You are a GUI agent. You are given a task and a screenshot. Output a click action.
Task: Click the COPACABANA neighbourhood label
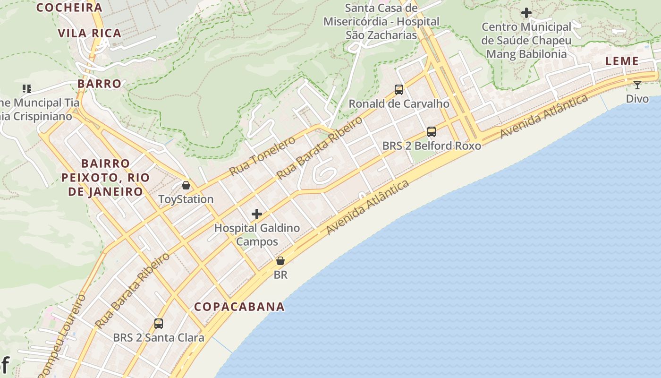tap(239, 307)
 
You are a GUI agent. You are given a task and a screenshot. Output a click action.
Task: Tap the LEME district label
tap(622, 61)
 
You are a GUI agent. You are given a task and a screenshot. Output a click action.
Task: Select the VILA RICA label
tap(89, 33)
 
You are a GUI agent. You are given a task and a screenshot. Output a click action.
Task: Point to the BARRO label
tap(99, 84)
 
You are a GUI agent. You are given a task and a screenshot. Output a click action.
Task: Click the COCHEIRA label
tap(69, 8)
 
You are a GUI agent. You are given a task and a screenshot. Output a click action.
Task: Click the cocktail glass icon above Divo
tap(637, 85)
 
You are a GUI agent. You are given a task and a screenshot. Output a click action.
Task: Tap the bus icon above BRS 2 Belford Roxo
tap(431, 132)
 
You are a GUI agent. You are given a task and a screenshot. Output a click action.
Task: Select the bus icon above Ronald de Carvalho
tap(399, 89)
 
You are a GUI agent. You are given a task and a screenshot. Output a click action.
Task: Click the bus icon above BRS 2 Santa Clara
tap(159, 324)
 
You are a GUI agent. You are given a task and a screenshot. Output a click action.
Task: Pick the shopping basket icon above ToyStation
tap(186, 185)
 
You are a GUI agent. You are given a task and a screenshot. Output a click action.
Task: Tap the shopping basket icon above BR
tap(280, 261)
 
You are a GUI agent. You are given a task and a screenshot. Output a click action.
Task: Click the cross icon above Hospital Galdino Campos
tap(256, 214)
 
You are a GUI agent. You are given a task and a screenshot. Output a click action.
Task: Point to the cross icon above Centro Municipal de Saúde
tap(526, 13)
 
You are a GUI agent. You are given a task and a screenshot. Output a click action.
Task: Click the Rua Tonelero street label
tap(262, 155)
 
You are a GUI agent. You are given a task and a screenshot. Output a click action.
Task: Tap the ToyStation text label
tap(186, 199)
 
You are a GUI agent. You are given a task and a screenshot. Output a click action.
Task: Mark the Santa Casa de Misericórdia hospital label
tap(381, 21)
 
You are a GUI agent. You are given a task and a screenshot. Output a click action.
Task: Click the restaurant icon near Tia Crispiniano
tap(27, 88)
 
